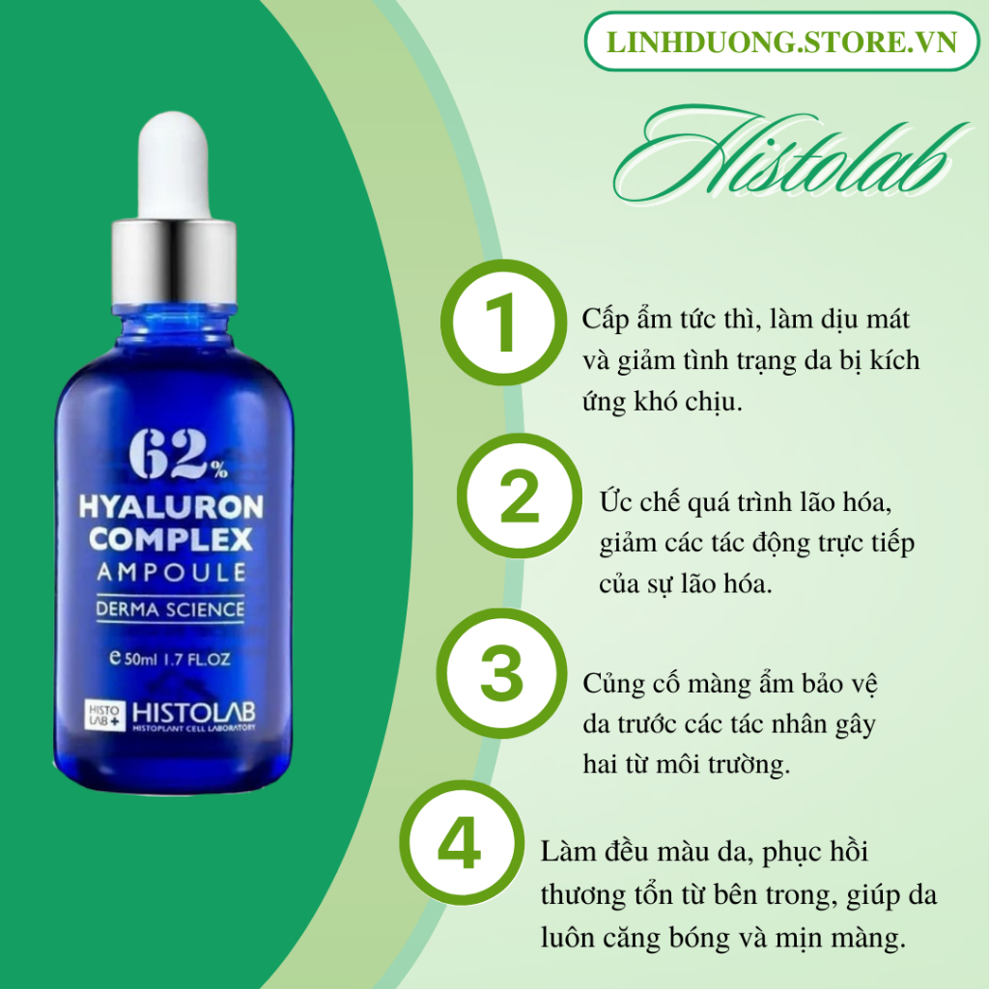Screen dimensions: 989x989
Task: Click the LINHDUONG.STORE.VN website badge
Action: pos(781,42)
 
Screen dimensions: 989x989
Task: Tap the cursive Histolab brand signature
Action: pos(788,155)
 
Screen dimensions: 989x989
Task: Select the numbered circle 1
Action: pos(502,323)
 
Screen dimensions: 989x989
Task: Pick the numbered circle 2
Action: pos(519,496)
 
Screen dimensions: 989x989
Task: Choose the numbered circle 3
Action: pos(502,673)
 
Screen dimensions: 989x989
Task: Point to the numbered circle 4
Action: pos(461,843)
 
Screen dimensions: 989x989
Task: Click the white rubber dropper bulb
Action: pos(174,165)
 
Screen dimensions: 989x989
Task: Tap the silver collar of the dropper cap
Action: pos(174,261)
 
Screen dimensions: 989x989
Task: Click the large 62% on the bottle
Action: pos(178,454)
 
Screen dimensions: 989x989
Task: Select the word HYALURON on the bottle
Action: pos(171,507)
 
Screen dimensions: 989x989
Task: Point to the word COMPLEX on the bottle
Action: pos(171,539)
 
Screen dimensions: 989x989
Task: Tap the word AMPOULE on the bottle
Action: pos(171,572)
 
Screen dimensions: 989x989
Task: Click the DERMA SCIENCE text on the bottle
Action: pos(170,609)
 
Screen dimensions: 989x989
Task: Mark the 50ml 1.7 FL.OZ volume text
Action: pos(170,659)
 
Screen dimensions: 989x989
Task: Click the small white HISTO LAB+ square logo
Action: pos(104,716)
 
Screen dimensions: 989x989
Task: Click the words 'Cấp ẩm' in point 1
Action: pos(619,320)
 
